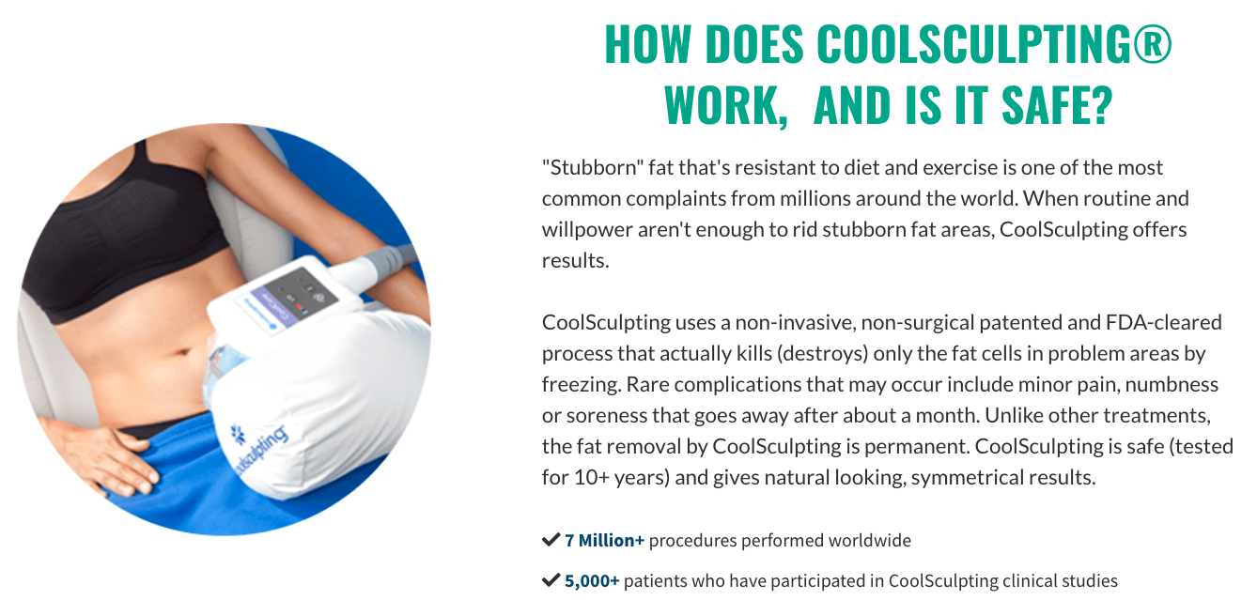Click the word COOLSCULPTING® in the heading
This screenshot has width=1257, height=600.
point(994,44)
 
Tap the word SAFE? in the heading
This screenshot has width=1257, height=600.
point(1057,105)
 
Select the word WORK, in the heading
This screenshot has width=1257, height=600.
point(726,106)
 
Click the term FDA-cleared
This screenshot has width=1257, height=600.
point(1163,322)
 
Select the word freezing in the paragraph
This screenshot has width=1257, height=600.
point(581,385)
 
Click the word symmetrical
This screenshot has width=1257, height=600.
point(966,478)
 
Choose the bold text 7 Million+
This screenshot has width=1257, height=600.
point(604,541)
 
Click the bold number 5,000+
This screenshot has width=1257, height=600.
point(592,581)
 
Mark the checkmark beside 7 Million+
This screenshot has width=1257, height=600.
point(551,540)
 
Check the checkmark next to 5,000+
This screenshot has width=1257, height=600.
point(551,580)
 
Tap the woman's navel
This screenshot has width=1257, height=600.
point(183,353)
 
